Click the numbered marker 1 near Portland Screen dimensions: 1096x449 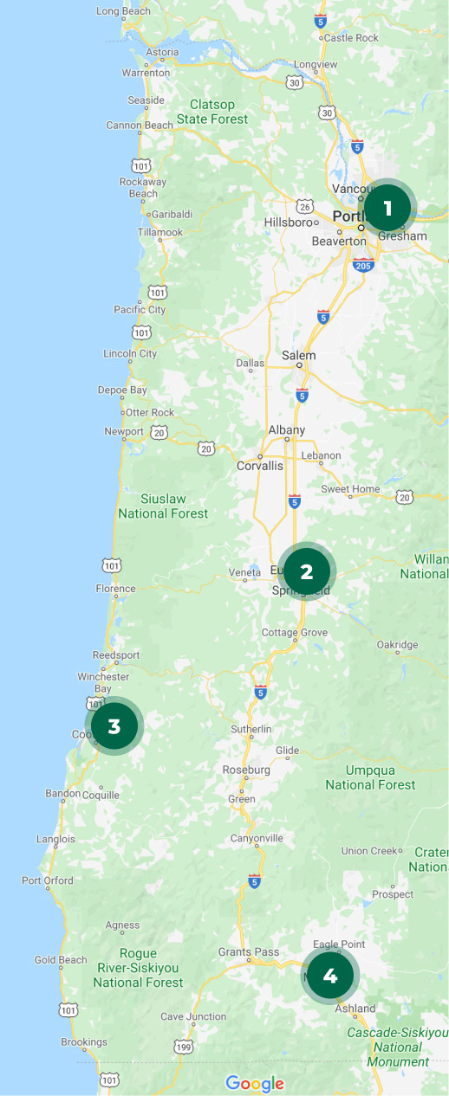[387, 208]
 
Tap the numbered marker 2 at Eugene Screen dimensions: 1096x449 [306, 571]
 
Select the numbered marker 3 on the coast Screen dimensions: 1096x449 [114, 725]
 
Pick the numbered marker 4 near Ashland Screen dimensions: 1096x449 [329, 976]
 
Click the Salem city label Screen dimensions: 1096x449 [299, 355]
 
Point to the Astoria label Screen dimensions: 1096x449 [162, 52]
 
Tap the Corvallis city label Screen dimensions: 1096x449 [260, 466]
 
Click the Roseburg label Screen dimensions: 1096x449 [247, 770]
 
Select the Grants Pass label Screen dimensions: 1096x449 [249, 952]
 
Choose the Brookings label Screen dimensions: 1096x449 [84, 1042]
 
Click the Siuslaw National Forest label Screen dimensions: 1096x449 [163, 506]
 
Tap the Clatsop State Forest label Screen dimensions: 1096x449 [212, 112]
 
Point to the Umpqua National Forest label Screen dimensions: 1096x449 [370, 777]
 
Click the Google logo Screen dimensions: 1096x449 [255, 1084]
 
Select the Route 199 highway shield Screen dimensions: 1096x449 [183, 1048]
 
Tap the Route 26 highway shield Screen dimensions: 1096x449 [304, 206]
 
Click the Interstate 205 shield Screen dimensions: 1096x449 [362, 265]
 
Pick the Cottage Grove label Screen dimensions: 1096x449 [295, 633]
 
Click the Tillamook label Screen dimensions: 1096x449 [160, 232]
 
